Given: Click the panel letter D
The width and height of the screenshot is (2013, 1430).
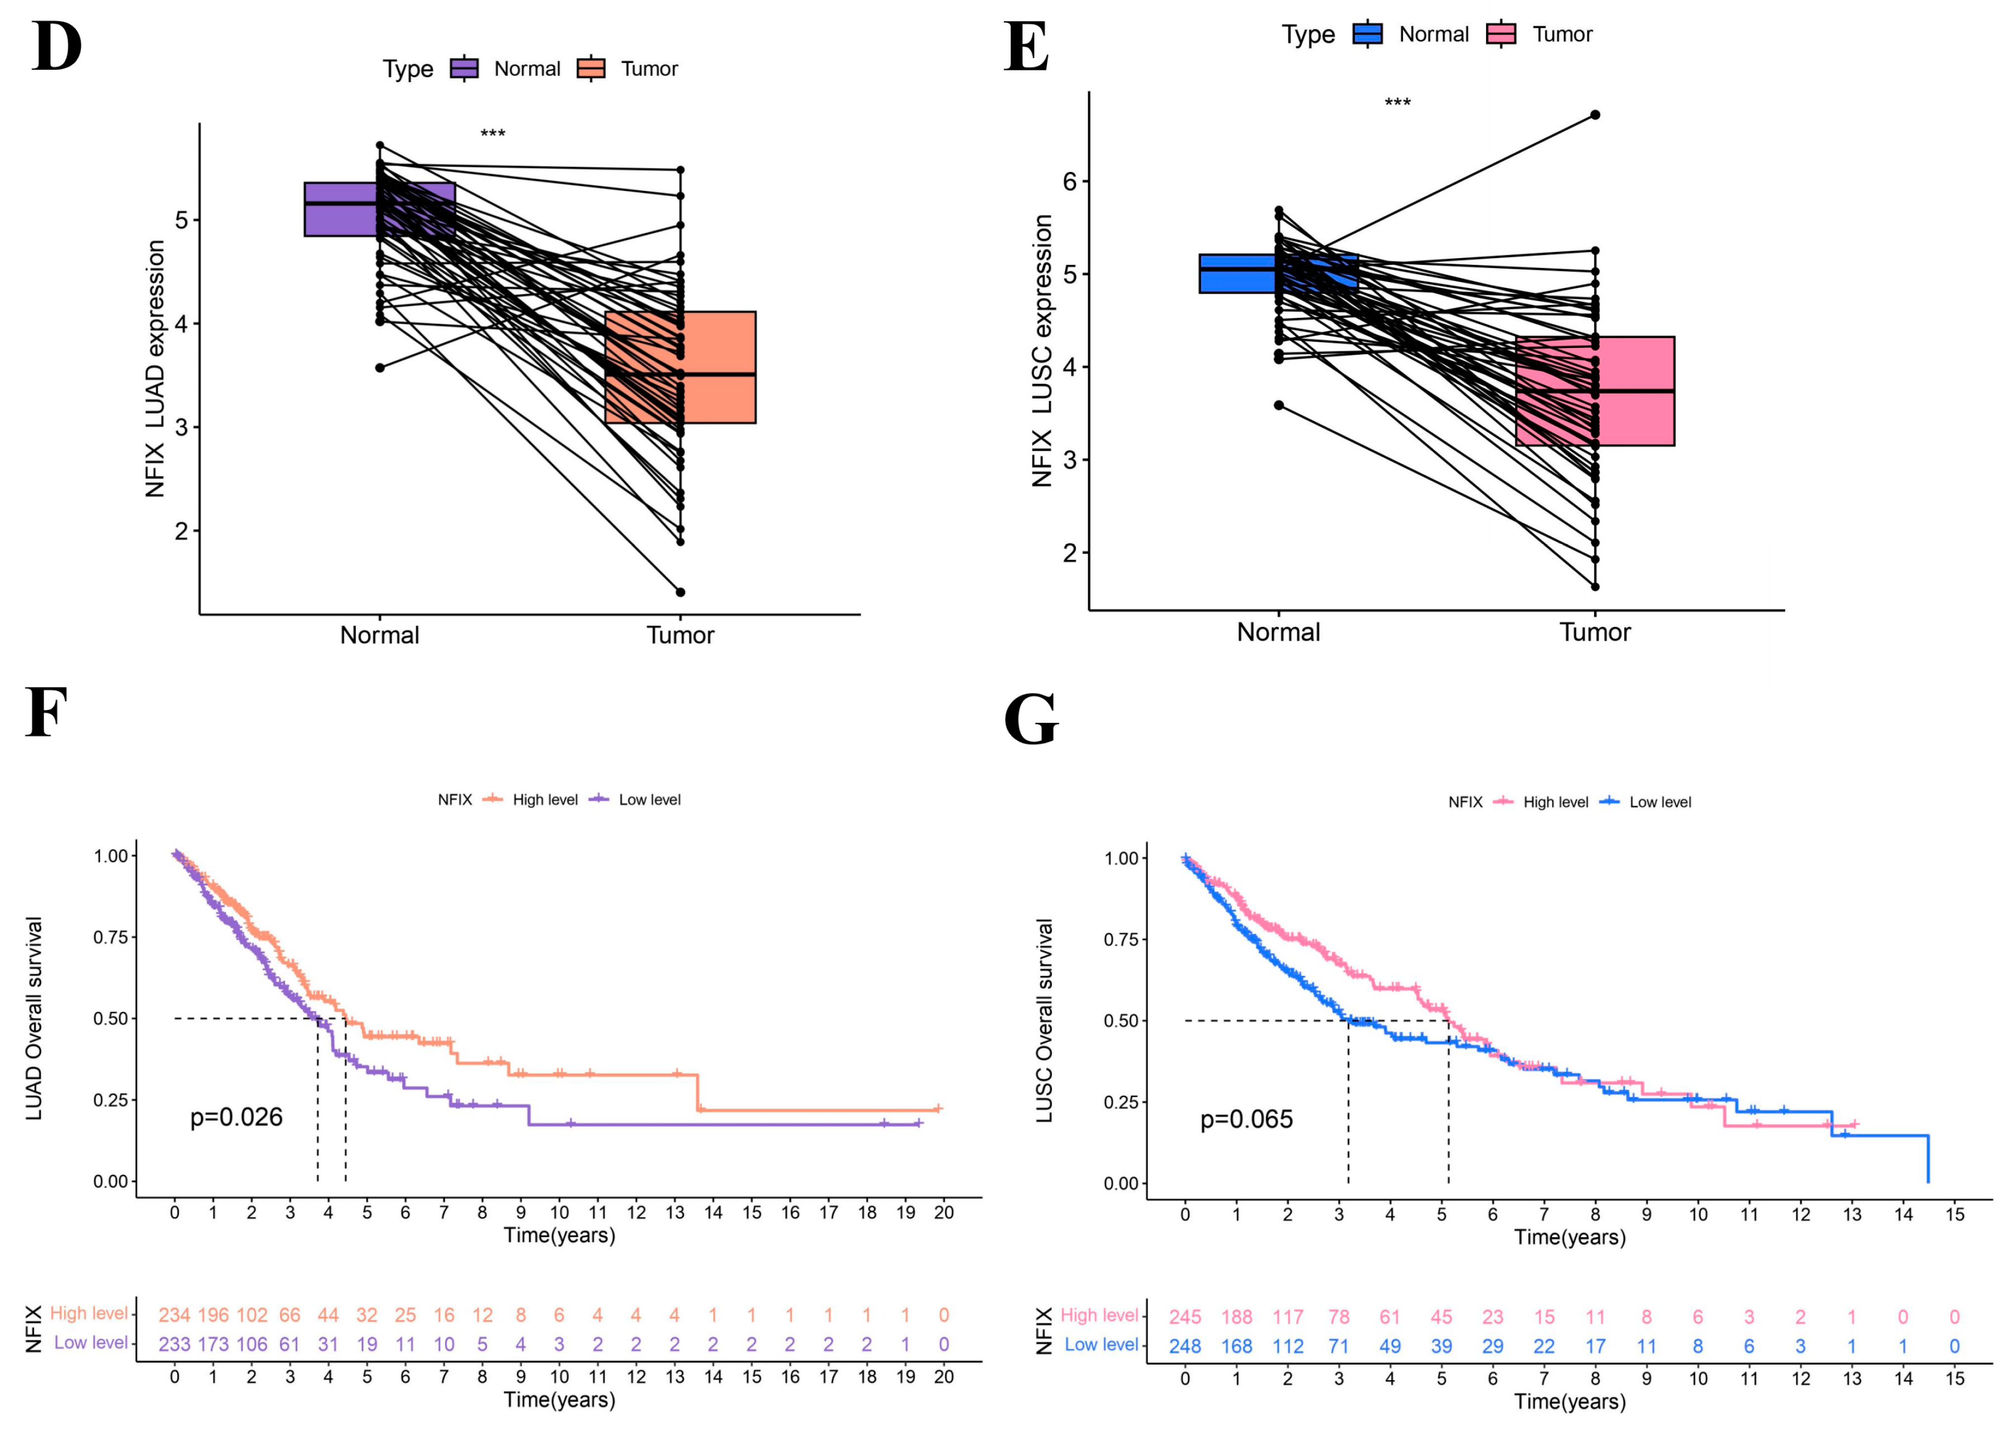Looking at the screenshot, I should point(56,47).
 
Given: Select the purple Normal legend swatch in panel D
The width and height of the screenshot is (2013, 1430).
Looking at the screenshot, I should point(464,69).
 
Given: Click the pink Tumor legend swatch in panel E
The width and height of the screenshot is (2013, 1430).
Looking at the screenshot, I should point(1501,34).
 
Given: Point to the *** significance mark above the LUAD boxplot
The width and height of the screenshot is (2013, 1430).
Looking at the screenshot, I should point(492,134).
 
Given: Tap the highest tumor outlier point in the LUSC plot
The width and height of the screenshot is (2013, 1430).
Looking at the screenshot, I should point(1595,115).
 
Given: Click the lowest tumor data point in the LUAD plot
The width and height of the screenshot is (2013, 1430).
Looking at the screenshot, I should point(680,592).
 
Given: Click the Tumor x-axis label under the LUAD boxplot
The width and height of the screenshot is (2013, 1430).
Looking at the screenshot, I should point(680,635).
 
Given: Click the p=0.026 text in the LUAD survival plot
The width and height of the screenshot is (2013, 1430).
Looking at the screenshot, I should point(236,1117).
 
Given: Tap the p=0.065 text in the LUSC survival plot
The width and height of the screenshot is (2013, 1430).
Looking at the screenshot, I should point(1246,1119).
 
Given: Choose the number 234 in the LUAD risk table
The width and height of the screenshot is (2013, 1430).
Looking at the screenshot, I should point(174,1314).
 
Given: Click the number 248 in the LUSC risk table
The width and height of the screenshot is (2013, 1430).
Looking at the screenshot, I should point(1184,1346).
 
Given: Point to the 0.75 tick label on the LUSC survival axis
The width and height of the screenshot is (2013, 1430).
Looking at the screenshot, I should point(1120,940).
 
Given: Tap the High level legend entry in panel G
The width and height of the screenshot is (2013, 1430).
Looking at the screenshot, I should point(1555,802).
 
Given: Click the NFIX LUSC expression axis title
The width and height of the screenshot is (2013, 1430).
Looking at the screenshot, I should point(1043,350).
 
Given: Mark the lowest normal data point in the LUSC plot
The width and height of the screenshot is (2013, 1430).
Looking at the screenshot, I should point(1279,405).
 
